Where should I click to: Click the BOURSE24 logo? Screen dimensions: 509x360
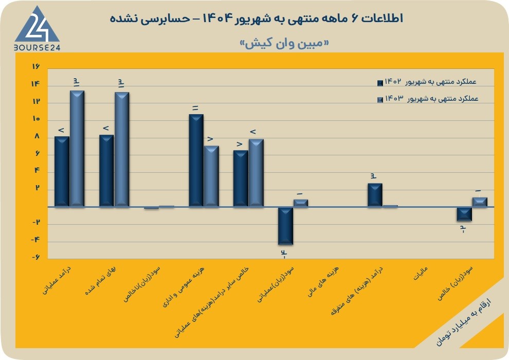point(37,29)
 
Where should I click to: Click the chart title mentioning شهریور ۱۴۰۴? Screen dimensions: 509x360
point(257,19)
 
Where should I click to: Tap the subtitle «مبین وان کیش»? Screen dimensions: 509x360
point(284,44)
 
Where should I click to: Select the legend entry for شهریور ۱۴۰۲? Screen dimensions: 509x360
point(427,82)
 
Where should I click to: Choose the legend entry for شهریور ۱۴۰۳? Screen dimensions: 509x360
point(428,99)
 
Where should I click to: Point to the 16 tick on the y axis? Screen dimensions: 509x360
point(35,66)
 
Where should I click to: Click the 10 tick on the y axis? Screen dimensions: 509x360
point(36,119)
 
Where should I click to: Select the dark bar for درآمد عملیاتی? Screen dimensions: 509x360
point(62,171)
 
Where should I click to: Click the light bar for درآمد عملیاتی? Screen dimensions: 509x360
point(77,148)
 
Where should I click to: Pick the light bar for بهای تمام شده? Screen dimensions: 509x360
point(122,149)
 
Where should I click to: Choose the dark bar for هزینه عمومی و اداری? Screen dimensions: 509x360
point(196,160)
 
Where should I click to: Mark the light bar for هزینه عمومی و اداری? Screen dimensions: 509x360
point(212,176)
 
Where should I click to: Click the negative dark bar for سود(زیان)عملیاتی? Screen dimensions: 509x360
point(286,226)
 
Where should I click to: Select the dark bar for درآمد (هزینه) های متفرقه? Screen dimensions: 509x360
point(375,195)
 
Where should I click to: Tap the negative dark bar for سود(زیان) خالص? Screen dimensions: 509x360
point(464,214)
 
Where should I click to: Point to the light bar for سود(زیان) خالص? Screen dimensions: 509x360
point(480,202)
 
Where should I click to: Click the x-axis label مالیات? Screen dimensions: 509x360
point(421,274)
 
